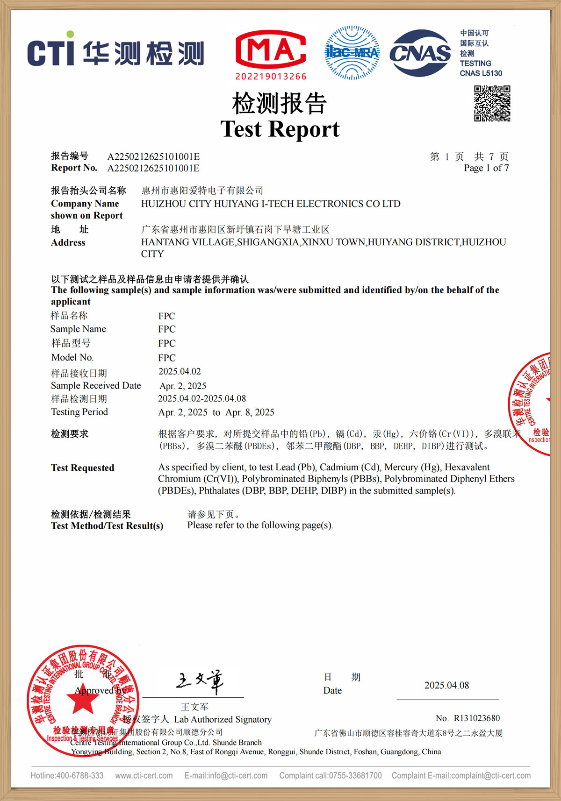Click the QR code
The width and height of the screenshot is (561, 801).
[x=492, y=103]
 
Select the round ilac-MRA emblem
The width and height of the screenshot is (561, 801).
[x=352, y=52]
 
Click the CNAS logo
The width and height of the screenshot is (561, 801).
[x=420, y=53]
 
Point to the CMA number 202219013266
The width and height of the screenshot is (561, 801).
[x=271, y=77]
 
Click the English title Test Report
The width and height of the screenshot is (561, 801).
[x=280, y=129]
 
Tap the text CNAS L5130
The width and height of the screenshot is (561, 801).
[x=481, y=73]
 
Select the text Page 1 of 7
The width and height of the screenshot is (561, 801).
[x=486, y=168]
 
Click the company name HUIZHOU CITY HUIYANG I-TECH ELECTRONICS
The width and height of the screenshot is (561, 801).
[x=271, y=204]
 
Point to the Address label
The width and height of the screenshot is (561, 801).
[x=68, y=242]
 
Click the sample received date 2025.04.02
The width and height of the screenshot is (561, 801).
[x=180, y=372]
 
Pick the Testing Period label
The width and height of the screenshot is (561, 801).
[x=79, y=412]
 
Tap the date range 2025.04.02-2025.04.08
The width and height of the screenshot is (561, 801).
[x=202, y=399]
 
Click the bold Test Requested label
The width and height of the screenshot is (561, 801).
[x=83, y=468]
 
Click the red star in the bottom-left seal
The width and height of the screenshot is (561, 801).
[x=83, y=701]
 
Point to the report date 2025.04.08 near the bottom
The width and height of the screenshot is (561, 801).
[x=446, y=686]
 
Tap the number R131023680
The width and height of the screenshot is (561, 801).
[x=477, y=718]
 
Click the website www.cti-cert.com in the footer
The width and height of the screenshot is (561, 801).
[x=144, y=776]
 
